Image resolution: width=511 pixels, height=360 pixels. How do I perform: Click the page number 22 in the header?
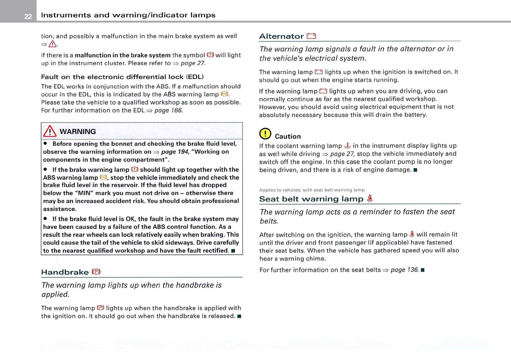tap(28, 16)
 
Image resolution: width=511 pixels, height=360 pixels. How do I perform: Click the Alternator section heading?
tap(281, 36)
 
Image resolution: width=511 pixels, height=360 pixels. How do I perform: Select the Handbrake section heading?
tap(65, 272)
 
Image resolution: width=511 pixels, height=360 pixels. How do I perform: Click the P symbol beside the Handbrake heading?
tap(96, 272)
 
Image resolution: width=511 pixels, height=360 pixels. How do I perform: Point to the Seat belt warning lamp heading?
tap(311, 199)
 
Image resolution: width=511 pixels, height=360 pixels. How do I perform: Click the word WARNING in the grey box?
tap(77, 132)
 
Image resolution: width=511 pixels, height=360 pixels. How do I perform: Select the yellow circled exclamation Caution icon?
tap(264, 134)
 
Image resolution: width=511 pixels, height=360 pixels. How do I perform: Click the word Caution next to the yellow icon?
tap(288, 137)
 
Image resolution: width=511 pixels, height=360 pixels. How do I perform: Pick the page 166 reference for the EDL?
tap(168, 110)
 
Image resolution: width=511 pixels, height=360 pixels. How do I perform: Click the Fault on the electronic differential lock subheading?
tap(122, 77)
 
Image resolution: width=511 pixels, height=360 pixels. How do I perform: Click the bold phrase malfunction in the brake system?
tap(123, 55)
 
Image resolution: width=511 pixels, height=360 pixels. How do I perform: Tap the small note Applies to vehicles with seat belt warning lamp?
tap(312, 190)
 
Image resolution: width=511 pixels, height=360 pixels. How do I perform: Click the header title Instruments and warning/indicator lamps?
tap(128, 15)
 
